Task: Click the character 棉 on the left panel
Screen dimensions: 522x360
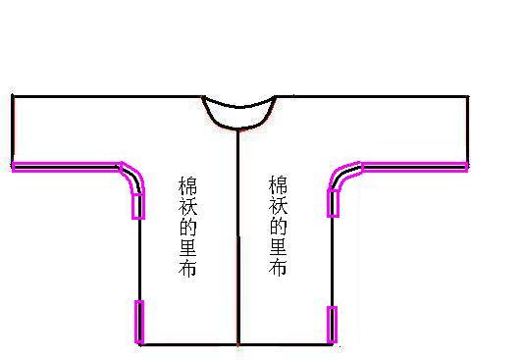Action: [187, 186]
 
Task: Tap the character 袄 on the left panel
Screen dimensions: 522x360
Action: [187, 207]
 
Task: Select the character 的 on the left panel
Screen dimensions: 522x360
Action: [187, 227]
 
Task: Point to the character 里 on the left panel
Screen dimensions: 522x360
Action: [187, 246]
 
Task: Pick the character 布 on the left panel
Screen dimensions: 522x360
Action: [187, 267]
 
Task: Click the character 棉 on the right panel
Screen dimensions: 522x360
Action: [278, 185]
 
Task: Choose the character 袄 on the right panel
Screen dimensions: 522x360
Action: [278, 206]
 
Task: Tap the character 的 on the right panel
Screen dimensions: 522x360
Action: [278, 226]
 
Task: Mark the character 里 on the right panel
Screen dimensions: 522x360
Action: [278, 245]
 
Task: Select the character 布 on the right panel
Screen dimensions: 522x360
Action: [278, 266]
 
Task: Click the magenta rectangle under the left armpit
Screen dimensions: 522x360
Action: [138, 205]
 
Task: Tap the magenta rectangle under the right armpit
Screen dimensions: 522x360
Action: [333, 203]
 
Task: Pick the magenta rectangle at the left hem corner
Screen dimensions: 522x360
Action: [139, 322]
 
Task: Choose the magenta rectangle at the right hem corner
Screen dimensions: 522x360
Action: [332, 325]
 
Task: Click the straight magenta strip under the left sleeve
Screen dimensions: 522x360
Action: [66, 167]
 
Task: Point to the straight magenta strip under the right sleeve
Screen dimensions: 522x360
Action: [415, 167]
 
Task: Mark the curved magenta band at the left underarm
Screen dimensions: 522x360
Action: [135, 176]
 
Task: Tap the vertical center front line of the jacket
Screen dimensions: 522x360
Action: [238, 237]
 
